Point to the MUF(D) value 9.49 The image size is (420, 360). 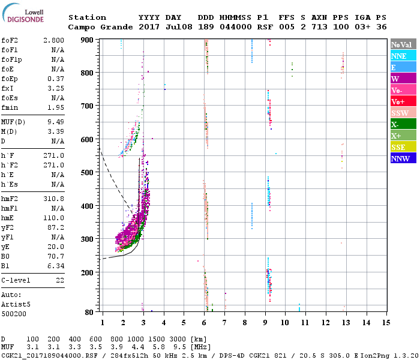click(x=55, y=122)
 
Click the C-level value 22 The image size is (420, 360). click(x=60, y=280)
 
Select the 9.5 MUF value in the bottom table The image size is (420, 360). click(x=196, y=347)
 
